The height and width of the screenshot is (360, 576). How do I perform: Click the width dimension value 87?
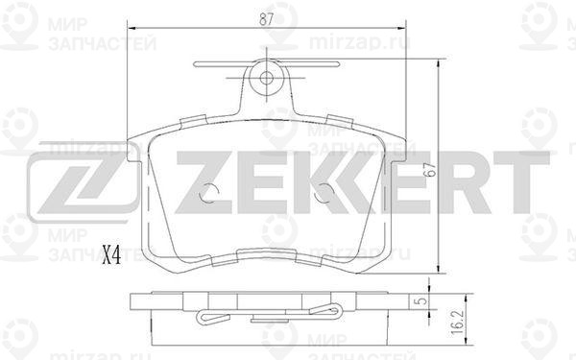click(x=266, y=19)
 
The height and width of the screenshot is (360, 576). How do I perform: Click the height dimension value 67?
click(x=430, y=170)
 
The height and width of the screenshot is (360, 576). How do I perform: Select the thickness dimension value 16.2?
click(x=457, y=322)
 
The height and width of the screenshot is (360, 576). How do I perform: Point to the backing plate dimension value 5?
click(x=422, y=300)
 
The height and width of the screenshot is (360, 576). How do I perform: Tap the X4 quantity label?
click(x=111, y=255)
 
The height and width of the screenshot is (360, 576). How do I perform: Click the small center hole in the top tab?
click(x=266, y=78)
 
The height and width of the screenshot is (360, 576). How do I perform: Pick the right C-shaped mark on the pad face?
click(x=324, y=193)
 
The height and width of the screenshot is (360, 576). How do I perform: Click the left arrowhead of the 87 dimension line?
click(x=132, y=28)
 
